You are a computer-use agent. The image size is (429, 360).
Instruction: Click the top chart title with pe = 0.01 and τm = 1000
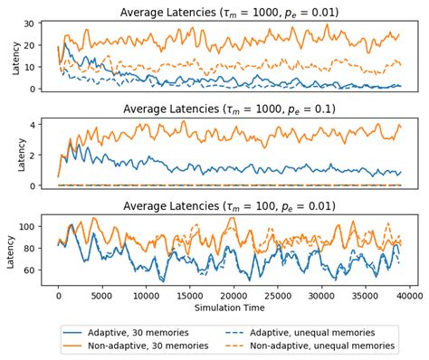pyautogui.click(x=227, y=11)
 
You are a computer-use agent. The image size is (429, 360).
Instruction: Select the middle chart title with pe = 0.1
pyautogui.click(x=227, y=109)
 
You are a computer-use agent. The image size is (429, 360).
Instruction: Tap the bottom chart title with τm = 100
pyautogui.click(x=227, y=206)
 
